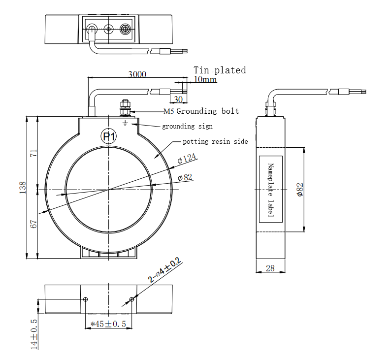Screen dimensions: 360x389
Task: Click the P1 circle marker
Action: [x=109, y=136]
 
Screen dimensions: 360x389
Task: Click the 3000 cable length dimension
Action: [x=137, y=74]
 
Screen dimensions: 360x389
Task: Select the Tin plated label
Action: [x=219, y=70]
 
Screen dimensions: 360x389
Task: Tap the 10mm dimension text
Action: [x=205, y=79]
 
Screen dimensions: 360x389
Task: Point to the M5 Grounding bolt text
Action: [x=201, y=111]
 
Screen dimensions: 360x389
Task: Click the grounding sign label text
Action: [x=187, y=127]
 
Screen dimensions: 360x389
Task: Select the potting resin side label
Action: [x=215, y=142]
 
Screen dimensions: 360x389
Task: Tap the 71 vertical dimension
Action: [x=34, y=153]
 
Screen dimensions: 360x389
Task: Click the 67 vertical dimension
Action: [x=34, y=224]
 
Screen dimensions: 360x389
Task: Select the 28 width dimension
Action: [x=270, y=268]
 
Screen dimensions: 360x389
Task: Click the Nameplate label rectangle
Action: [x=270, y=189]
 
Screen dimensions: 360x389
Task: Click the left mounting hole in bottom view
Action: [x=86, y=299]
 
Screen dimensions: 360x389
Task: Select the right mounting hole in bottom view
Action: [x=131, y=299]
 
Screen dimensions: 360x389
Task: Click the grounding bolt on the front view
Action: [x=125, y=107]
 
